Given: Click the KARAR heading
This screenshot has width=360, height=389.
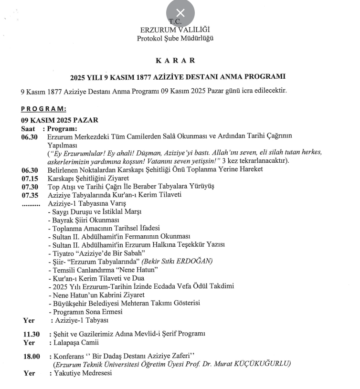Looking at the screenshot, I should (x=180, y=62).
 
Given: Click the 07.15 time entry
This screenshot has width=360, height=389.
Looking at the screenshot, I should (x=30, y=179).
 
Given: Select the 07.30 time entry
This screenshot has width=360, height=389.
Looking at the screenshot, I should (x=30, y=187).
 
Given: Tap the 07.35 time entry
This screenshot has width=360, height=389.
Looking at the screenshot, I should (x=30, y=195).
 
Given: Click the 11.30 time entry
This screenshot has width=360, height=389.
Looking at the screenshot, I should (x=30, y=334).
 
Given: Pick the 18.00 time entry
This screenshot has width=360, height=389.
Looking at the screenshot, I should (x=30, y=357).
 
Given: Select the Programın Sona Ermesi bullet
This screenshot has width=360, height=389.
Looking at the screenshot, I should (x=86, y=311).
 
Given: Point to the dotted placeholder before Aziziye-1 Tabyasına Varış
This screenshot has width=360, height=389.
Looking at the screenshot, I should (x=31, y=204).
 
